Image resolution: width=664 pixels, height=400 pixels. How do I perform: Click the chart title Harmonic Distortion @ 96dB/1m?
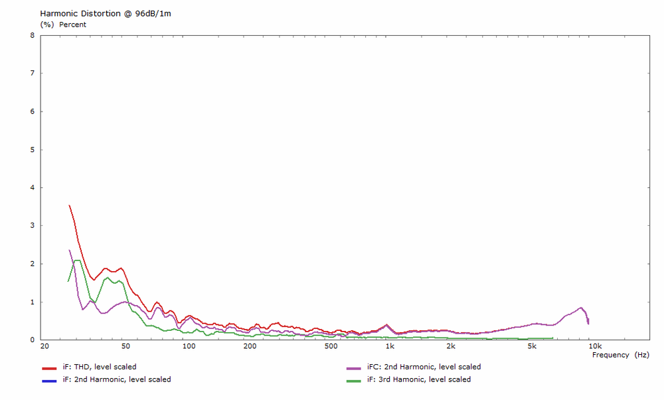(x=106, y=13)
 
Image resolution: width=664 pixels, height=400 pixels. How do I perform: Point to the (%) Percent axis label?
(x=63, y=25)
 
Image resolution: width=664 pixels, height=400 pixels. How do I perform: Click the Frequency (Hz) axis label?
(x=620, y=355)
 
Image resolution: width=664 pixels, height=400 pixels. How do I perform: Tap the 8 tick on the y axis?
(x=33, y=35)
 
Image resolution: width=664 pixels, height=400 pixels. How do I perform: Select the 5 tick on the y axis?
(x=33, y=150)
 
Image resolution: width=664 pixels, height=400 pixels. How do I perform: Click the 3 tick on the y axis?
(x=33, y=226)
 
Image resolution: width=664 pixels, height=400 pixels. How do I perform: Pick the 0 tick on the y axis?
(x=33, y=340)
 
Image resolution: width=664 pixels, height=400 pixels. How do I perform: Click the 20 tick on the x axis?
(x=44, y=346)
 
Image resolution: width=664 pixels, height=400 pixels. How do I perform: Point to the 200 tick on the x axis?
(x=250, y=346)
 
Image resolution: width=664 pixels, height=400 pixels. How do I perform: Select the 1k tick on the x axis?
(x=390, y=346)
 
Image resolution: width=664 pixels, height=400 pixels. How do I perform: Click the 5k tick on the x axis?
(x=532, y=346)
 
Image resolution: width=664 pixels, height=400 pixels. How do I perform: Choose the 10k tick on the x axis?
(x=594, y=346)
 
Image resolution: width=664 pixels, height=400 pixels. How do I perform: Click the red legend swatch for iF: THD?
(x=49, y=367)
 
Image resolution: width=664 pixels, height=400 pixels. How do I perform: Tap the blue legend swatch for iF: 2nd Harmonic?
(x=49, y=380)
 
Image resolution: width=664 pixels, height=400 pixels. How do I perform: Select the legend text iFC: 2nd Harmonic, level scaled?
(x=424, y=367)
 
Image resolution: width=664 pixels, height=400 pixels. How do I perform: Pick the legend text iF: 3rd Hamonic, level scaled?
(x=418, y=379)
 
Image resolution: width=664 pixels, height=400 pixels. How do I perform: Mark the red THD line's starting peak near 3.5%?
(x=69, y=206)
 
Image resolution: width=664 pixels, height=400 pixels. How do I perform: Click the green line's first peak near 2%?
(x=78, y=260)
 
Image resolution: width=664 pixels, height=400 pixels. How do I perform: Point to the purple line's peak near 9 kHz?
(x=581, y=308)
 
